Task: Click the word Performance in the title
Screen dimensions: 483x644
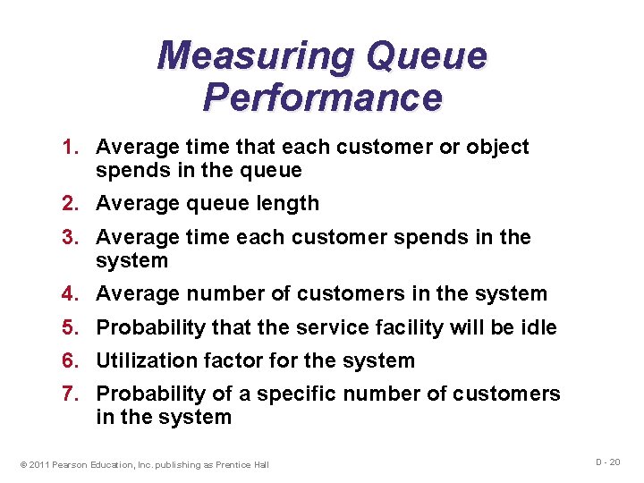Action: pos(322,97)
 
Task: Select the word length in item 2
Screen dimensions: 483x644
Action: pos(288,203)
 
